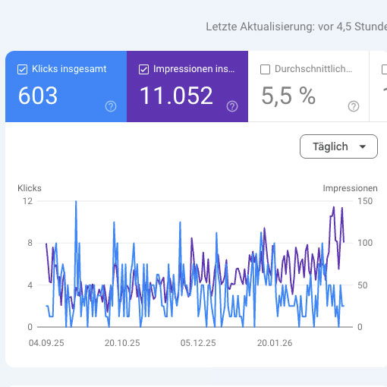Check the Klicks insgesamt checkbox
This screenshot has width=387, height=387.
[22, 69]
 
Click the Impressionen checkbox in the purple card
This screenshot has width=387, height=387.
[143, 69]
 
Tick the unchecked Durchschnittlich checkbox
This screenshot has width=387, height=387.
[265, 69]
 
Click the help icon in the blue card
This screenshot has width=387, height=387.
[111, 106]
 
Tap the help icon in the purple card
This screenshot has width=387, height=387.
[232, 106]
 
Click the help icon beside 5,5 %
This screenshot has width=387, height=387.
[353, 106]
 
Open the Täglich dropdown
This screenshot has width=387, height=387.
[338, 146]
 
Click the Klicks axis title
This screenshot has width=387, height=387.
[30, 187]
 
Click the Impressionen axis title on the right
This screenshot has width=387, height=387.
[350, 187]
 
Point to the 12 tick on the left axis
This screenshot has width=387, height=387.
[27, 201]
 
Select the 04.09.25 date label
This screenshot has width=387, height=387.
[46, 342]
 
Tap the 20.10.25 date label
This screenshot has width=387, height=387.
[122, 342]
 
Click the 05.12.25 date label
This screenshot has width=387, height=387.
[198, 342]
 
